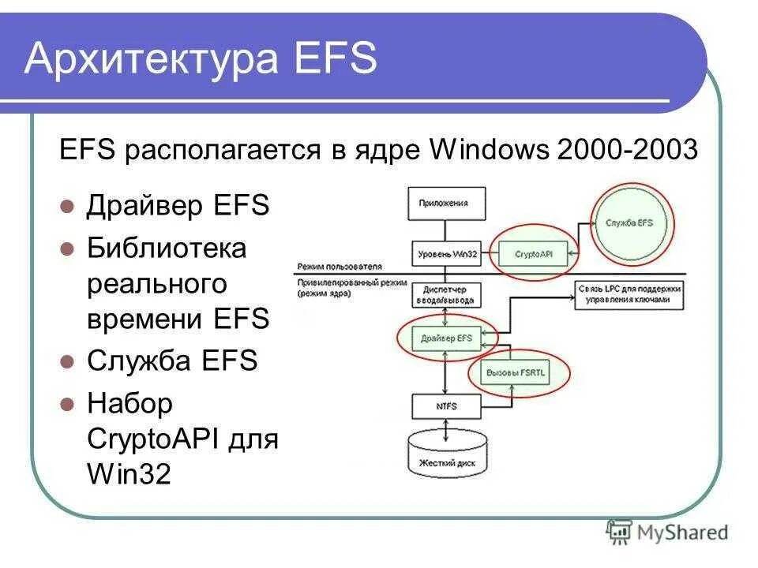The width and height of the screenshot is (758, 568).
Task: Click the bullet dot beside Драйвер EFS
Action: (x=68, y=207)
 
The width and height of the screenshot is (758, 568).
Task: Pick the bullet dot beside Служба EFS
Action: (x=68, y=362)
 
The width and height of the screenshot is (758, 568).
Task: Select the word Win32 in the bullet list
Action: (x=128, y=475)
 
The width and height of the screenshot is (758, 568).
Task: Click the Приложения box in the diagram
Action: (x=446, y=203)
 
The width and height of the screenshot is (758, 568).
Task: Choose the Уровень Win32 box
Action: (x=446, y=253)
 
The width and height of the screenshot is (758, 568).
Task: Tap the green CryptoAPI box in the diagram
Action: (x=534, y=253)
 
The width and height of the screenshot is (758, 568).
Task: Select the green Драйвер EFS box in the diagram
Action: (x=446, y=338)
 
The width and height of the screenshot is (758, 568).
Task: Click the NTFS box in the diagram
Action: (x=446, y=406)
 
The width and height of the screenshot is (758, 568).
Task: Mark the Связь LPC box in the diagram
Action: (x=629, y=294)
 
